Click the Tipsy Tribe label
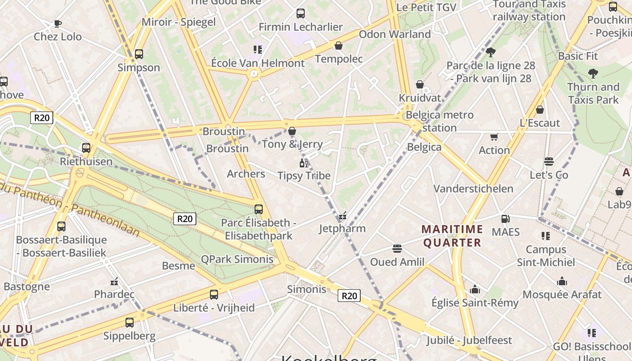[304, 176]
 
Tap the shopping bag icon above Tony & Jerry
[292, 131]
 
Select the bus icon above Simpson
[139, 54]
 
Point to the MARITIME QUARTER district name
[452, 236]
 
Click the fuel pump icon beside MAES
[506, 219]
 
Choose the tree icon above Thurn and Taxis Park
[593, 74]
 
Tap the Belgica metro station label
[440, 121]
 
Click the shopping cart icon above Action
[494, 137]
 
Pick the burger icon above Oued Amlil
[397, 249]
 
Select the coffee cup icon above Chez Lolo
[58, 23]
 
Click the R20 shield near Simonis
[349, 296]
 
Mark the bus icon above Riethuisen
[86, 148]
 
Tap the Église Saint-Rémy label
[475, 303]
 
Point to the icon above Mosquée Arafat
[562, 282]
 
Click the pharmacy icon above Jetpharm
[343, 216]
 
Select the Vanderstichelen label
[474, 189]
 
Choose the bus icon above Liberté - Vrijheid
[214, 295]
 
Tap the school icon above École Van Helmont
[258, 50]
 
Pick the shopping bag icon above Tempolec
[339, 46]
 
